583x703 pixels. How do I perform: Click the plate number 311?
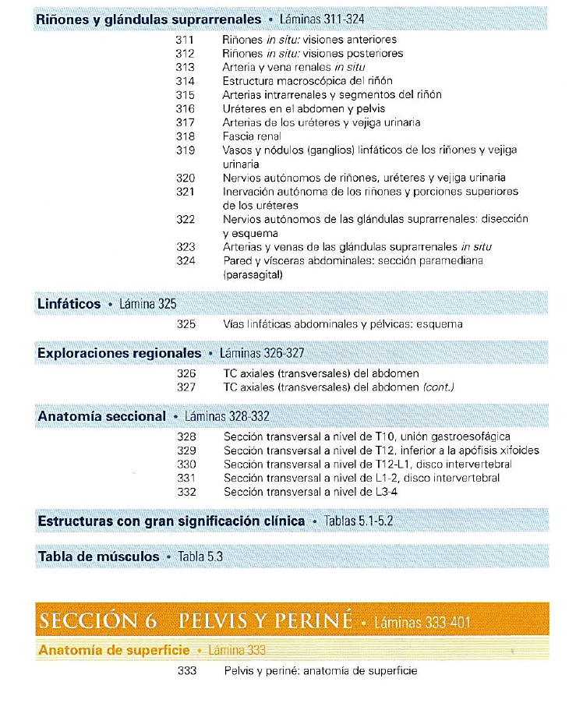coord(185,40)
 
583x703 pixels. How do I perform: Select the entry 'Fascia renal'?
coord(251,136)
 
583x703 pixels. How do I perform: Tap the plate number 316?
coord(185,108)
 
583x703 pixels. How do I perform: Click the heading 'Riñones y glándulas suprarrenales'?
coord(149,19)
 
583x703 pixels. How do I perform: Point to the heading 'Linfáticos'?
coord(69,303)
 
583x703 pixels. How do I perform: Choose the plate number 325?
coord(185,324)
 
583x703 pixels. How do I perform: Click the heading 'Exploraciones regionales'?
coord(118,353)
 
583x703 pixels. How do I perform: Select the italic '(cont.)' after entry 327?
coord(438,387)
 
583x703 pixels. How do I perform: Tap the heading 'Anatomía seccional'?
coord(101,416)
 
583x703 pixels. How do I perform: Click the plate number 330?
coord(185,465)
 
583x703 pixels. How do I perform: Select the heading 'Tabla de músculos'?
coord(98,556)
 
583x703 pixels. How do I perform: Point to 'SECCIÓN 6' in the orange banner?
coord(97,620)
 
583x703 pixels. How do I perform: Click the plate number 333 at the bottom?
coord(186,671)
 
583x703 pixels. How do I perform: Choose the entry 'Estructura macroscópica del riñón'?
coord(307,81)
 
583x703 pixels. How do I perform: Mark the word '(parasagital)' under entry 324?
coord(253,275)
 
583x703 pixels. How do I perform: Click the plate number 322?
coord(185,220)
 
